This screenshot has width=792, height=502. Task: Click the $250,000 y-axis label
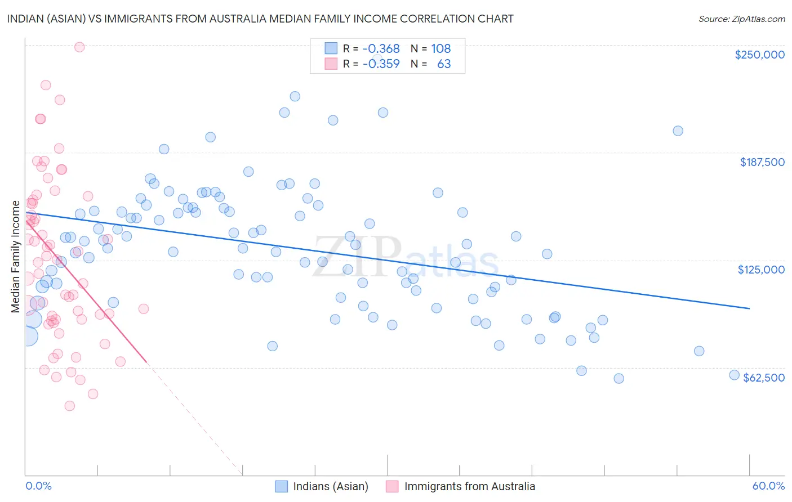tap(759, 55)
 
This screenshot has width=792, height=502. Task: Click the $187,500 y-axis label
tap(762, 162)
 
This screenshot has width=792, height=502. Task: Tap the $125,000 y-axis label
tap(761, 270)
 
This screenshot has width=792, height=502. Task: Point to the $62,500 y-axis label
tap(764, 378)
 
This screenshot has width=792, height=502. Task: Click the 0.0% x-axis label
tap(38, 486)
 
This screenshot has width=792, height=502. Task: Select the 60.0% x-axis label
tap(768, 486)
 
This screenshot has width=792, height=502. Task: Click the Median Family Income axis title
tap(16, 256)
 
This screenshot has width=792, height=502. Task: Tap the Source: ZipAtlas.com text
tap(741, 19)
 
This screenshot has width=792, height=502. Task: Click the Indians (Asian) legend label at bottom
tap(331, 486)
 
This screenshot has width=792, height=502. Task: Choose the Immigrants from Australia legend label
tap(469, 486)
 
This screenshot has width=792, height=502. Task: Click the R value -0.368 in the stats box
tap(381, 48)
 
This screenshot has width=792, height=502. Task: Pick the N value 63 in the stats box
tap(444, 64)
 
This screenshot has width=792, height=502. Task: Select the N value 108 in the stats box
tap(441, 48)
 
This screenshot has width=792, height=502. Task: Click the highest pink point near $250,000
tap(79, 47)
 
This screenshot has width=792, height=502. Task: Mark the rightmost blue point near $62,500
tap(734, 375)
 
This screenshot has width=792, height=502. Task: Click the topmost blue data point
tap(295, 96)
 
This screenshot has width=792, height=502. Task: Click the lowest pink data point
tap(70, 406)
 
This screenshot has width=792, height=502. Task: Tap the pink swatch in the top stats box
tap(331, 64)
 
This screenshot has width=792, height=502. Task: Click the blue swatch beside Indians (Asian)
tap(282, 486)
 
